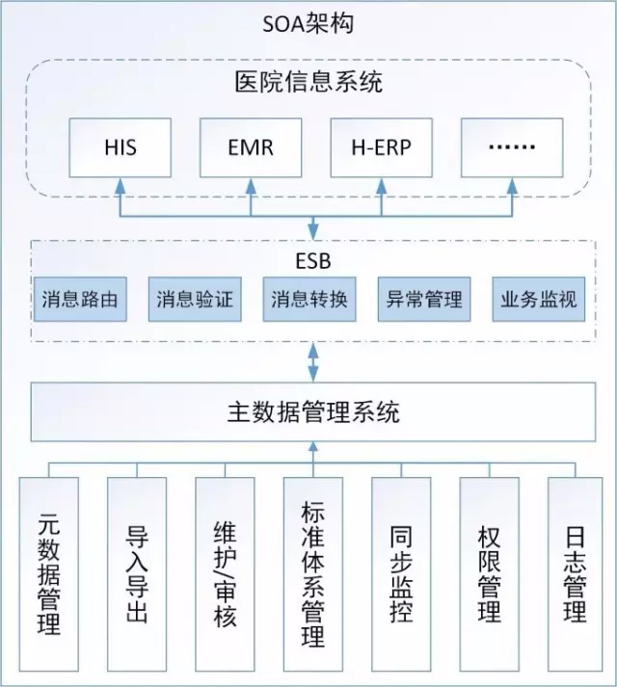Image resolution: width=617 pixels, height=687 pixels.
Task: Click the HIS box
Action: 121,148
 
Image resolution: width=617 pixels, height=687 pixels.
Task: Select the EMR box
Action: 251,148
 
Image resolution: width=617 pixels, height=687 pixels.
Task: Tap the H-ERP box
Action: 381,148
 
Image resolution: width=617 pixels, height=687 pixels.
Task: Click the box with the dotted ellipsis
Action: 511,148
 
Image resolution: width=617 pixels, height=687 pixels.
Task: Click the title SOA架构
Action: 308,23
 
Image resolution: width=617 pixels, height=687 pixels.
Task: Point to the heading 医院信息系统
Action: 308,82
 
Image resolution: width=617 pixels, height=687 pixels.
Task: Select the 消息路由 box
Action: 80,299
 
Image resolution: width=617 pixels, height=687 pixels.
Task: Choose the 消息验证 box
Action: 195,299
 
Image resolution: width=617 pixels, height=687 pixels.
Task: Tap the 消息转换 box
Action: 309,299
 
